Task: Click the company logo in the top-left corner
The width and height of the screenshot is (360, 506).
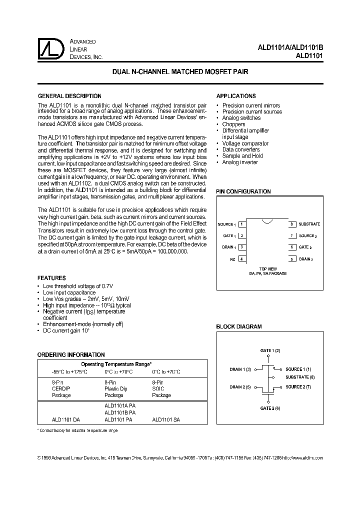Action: tap(49, 49)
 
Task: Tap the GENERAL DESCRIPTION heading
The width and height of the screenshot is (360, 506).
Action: tap(70, 96)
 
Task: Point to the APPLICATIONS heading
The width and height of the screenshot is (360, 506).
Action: tap(236, 96)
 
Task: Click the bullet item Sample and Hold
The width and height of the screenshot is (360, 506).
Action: tap(242, 156)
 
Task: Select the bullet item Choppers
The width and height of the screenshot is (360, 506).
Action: tap(233, 124)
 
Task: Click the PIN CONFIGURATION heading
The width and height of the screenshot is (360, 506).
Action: tap(243, 191)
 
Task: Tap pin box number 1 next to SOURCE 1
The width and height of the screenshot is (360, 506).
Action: tap(241, 224)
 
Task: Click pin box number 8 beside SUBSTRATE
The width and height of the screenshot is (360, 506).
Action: tap(292, 224)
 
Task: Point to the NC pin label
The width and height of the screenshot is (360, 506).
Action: tap(232, 259)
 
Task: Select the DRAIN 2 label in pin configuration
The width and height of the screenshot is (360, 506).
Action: tap(305, 259)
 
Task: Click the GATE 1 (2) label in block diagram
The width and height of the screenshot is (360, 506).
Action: tap(270, 350)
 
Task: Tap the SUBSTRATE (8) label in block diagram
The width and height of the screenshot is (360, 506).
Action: tap(300, 377)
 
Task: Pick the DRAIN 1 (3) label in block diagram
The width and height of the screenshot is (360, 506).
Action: tap(240, 369)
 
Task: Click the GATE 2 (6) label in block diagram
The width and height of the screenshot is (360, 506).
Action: tap(270, 408)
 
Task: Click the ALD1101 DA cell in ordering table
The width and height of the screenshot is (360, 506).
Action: tap(65, 420)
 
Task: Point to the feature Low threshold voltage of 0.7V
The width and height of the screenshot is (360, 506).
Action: tap(78, 285)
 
